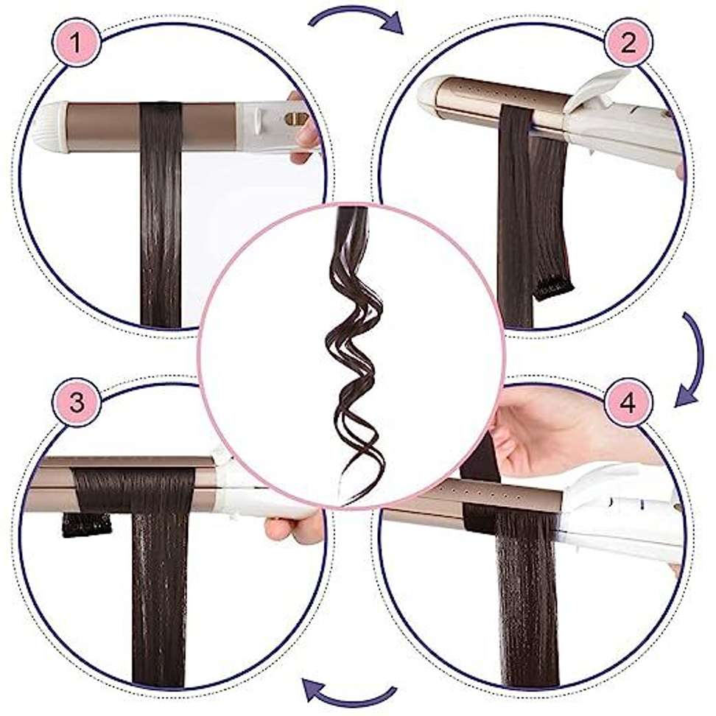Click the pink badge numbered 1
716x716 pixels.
[77, 43]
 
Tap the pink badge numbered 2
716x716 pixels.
[628, 43]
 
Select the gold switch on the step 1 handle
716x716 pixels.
[296, 119]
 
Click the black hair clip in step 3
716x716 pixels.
[86, 524]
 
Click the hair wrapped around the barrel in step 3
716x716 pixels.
[133, 491]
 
